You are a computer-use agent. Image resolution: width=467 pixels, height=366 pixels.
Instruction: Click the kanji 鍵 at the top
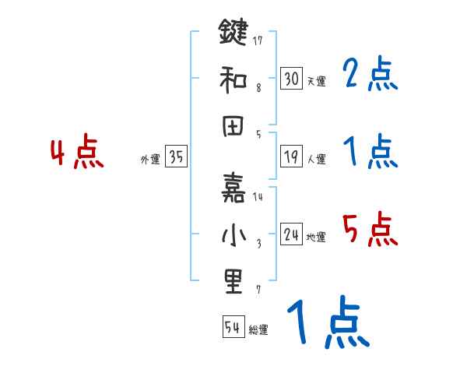point(233,35)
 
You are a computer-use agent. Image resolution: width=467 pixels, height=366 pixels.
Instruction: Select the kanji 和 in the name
point(233,79)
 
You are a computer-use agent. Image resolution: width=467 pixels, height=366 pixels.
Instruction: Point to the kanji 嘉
point(233,187)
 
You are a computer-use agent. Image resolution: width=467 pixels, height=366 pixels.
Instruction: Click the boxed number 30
point(291,78)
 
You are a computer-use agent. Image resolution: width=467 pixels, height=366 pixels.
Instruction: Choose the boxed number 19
point(291,156)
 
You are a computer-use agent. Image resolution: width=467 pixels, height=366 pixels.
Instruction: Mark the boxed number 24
point(291,234)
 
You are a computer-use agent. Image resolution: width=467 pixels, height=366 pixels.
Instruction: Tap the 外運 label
point(150,159)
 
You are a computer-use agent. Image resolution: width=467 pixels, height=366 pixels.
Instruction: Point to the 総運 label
point(258,329)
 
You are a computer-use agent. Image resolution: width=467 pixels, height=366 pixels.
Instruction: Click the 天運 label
point(316,81)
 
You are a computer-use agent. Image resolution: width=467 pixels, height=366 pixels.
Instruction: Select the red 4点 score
point(76,153)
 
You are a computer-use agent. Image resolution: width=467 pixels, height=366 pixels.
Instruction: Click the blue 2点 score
point(370,76)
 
